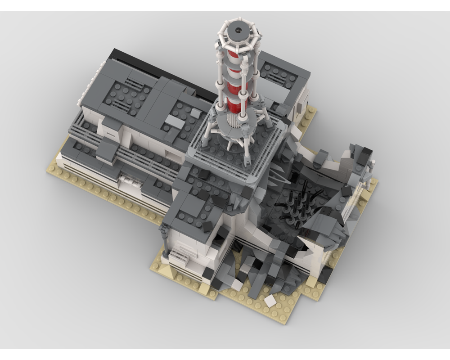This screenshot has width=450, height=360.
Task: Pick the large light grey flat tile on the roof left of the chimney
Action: [x=175, y=121]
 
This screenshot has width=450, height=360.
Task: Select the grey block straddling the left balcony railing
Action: [x=107, y=151]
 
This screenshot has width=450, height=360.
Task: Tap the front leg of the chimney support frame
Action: [x=247, y=151]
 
